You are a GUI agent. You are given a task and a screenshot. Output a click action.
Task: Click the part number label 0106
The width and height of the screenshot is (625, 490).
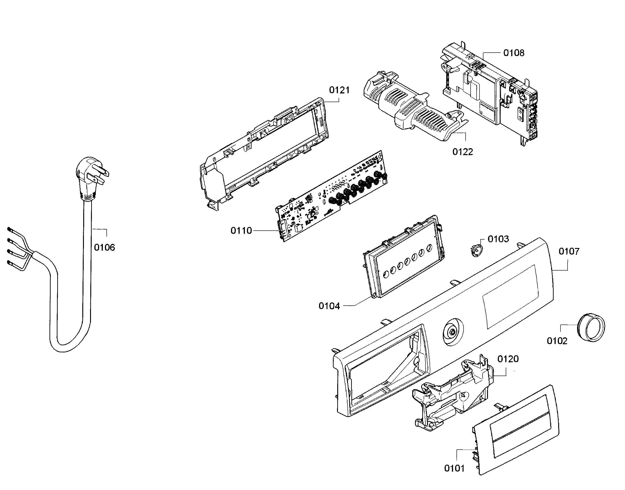(104, 247)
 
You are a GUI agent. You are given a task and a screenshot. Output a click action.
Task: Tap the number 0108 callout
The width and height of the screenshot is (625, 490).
(514, 53)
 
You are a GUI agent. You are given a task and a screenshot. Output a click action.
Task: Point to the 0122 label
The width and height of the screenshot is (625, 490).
(463, 152)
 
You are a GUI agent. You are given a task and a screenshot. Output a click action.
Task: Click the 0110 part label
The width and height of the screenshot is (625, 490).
(241, 230)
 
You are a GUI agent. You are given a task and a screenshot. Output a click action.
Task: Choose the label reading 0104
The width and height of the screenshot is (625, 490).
(329, 306)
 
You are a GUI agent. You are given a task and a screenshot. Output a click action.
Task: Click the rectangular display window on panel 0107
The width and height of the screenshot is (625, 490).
(511, 297)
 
